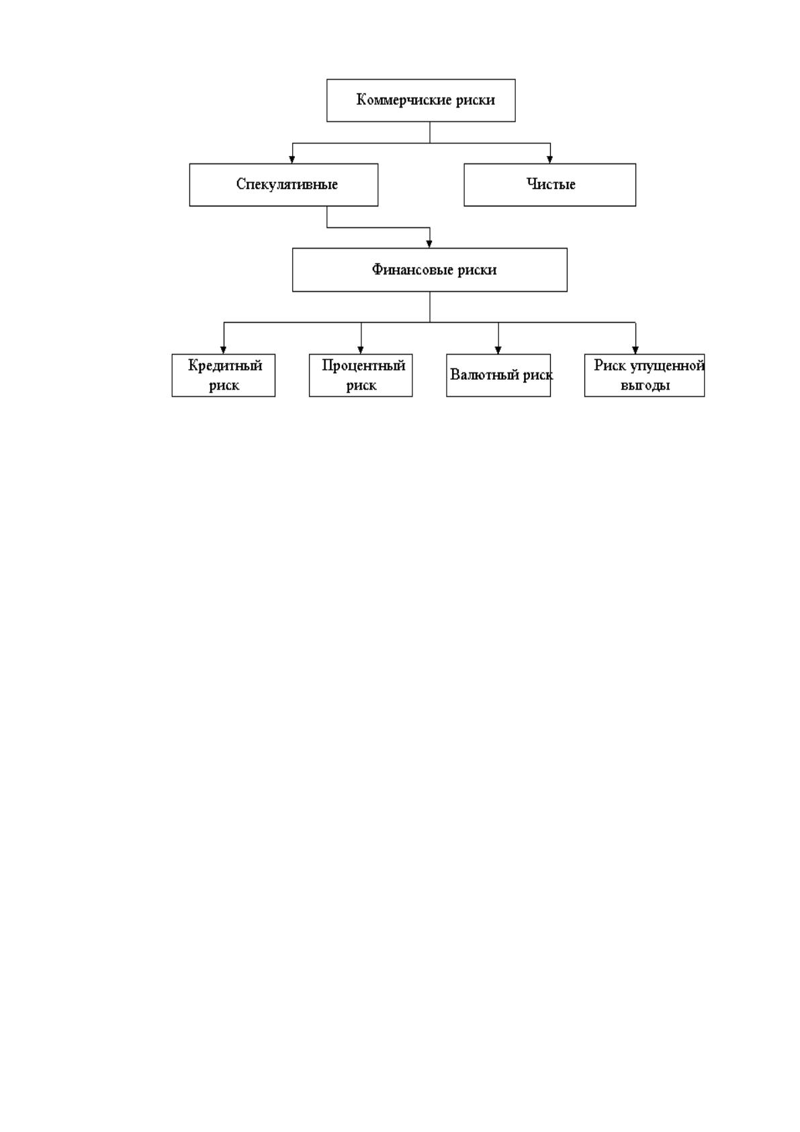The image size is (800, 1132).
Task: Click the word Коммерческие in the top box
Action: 404,99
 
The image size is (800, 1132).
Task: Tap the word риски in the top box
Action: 476,100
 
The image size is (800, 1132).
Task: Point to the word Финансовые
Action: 412,270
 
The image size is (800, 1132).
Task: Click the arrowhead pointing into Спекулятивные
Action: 292,159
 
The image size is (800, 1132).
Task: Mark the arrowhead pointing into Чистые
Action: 549,159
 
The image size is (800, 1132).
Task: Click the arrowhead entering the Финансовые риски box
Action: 429,244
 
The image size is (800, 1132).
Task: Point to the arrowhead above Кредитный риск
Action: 223,350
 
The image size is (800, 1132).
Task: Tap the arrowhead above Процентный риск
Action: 361,350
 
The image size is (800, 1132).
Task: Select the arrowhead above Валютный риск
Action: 498,350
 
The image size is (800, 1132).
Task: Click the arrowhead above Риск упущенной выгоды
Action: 635,350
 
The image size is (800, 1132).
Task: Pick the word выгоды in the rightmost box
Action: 645,386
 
